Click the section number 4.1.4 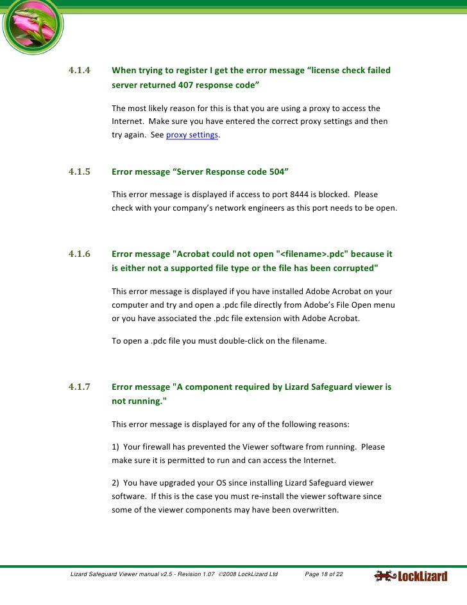click(x=80, y=70)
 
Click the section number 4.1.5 click(x=80, y=172)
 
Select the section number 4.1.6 click(x=80, y=254)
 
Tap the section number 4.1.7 click(x=80, y=387)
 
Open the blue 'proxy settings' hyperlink click(x=192, y=135)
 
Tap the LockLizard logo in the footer click(x=411, y=576)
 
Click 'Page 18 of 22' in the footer click(x=324, y=574)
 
